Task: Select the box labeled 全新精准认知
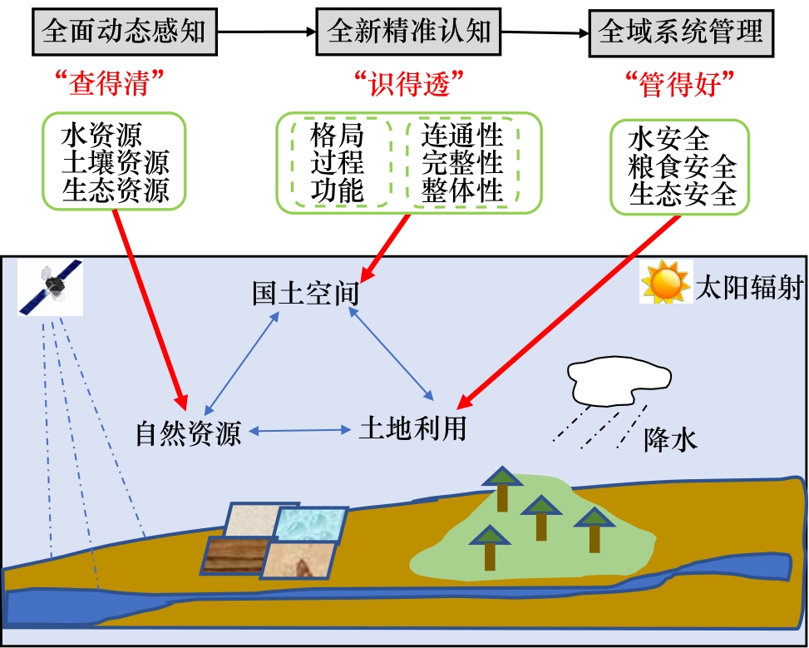pyautogui.click(x=410, y=32)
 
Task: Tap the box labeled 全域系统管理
pyautogui.click(x=681, y=32)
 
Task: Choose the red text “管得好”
pyautogui.click(x=680, y=83)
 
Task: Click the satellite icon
pyautogui.click(x=51, y=287)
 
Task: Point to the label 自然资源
pyautogui.click(x=189, y=433)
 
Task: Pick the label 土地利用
pyautogui.click(x=412, y=428)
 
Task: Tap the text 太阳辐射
pyautogui.click(x=749, y=288)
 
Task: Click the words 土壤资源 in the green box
pyautogui.click(x=115, y=162)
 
